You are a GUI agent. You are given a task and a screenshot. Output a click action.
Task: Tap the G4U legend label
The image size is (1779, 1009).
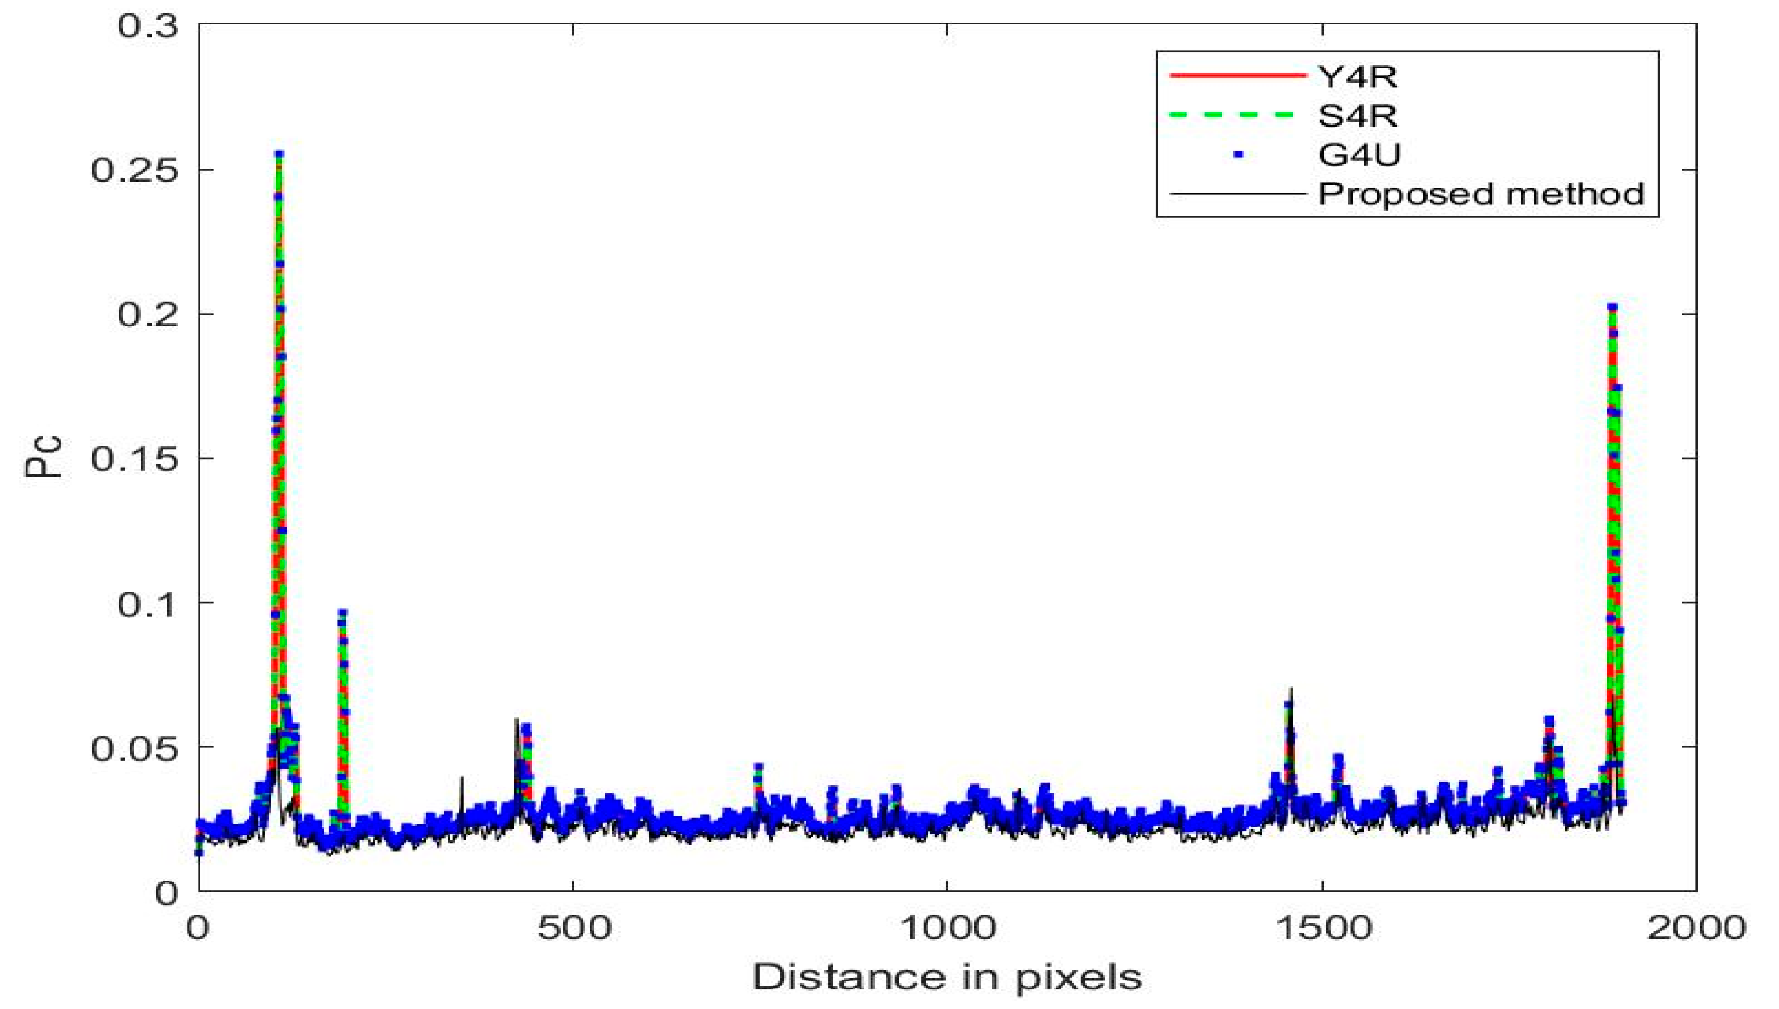[1359, 154]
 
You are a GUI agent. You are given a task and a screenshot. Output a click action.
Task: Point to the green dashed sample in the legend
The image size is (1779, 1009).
[1237, 114]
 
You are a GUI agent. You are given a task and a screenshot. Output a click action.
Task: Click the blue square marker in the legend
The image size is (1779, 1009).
[1238, 154]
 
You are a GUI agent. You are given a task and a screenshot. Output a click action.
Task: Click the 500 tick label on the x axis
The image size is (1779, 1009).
[574, 928]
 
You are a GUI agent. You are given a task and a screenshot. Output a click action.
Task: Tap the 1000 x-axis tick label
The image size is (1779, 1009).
[947, 928]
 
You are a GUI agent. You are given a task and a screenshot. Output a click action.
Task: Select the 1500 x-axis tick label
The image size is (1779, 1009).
[1323, 928]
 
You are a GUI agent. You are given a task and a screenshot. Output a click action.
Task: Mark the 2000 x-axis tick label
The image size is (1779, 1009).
[1695, 928]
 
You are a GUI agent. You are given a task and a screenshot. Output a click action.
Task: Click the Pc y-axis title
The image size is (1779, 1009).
[43, 457]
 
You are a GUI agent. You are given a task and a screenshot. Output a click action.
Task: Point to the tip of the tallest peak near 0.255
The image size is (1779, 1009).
[279, 154]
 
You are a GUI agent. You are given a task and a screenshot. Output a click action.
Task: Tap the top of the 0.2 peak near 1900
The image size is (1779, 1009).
[1612, 306]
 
